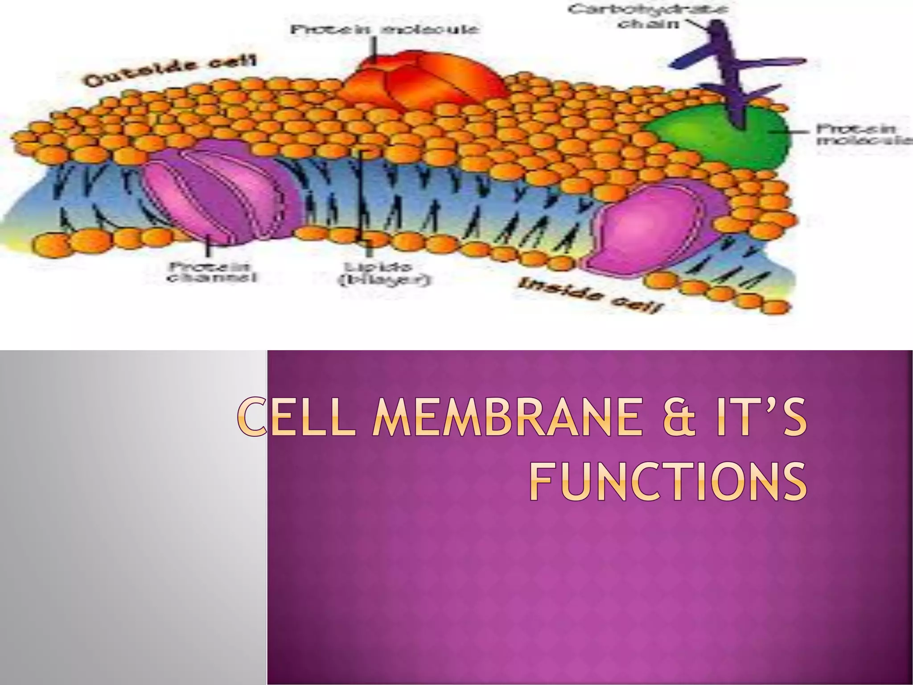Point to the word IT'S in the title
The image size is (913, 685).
(x=763, y=421)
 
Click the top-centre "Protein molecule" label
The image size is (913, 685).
(x=384, y=30)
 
